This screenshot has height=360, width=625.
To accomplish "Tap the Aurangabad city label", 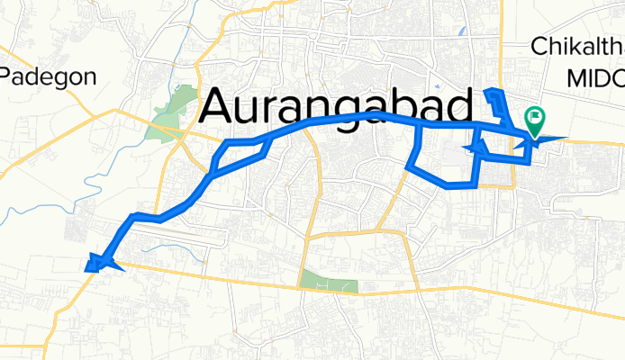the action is click(335, 107).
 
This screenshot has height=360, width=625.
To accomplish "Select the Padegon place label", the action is click(49, 76).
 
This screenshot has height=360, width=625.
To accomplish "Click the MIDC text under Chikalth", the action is click(595, 78).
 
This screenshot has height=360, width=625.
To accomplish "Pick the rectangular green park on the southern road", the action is click(329, 281).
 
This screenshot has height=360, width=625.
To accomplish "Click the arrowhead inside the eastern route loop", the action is click(476, 147).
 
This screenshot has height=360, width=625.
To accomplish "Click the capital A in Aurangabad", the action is click(219, 107).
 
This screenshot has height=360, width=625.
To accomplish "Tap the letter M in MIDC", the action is click(576, 78).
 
